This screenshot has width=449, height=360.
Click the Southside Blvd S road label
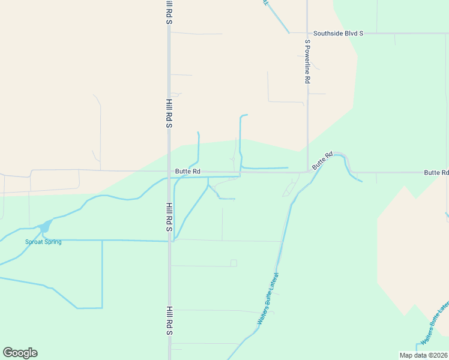point(338,34)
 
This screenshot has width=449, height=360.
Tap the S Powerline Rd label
point(307,61)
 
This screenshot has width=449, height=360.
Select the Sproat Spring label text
point(43,242)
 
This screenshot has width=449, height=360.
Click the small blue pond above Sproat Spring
point(44,227)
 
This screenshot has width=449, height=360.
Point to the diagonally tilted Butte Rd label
point(322,161)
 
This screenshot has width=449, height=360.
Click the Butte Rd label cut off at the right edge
point(436,172)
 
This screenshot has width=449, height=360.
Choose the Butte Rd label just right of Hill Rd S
point(187,172)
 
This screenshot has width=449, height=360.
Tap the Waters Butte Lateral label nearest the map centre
point(269,299)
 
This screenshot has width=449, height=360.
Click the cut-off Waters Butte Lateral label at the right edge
point(436,323)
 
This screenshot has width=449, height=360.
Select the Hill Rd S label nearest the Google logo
point(170,320)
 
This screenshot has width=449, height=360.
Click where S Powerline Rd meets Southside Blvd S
point(307,34)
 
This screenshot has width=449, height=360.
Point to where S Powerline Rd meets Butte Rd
point(308,172)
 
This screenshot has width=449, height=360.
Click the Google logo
point(20,353)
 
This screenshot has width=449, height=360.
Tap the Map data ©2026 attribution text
point(423,355)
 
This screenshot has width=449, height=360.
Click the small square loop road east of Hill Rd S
point(234,263)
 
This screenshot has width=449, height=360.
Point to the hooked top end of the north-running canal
point(244,115)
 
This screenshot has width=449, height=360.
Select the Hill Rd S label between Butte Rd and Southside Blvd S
point(170,114)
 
